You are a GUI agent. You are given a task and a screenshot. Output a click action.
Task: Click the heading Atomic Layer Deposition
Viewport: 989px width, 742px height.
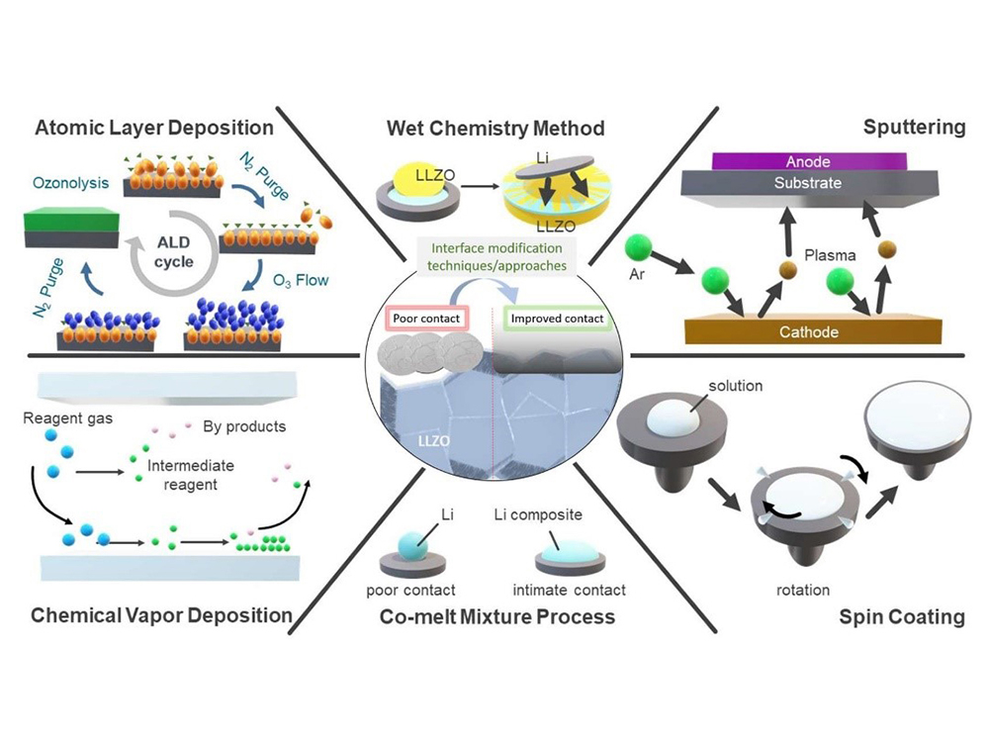(153, 128)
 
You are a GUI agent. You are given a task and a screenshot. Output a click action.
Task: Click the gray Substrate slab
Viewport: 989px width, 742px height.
(809, 184)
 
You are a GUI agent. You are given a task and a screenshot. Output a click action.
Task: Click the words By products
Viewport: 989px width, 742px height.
(244, 427)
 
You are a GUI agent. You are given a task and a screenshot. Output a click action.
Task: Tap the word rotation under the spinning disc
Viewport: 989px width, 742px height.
(802, 590)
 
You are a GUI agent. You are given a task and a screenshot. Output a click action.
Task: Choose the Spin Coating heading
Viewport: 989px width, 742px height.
(901, 616)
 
